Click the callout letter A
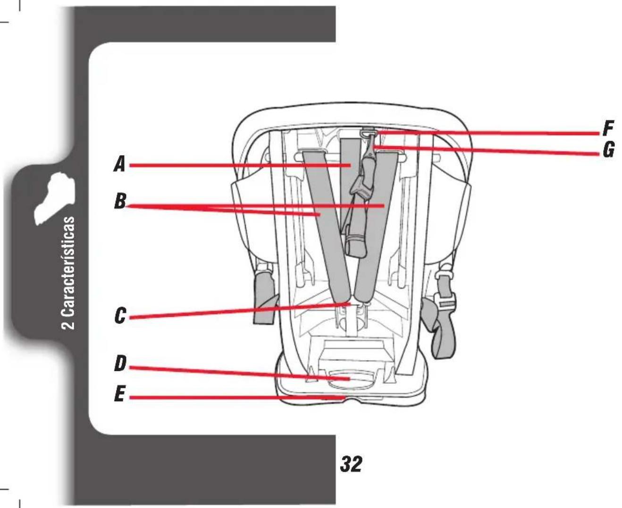coord(119,164)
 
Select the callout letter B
coord(120,201)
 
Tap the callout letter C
coord(120,315)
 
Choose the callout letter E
coord(119,393)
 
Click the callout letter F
coord(607,128)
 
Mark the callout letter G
coord(608,150)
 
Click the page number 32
coord(351,464)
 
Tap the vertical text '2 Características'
coord(68,273)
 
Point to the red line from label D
coord(239,373)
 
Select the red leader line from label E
coord(237,398)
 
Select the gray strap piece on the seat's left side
coord(265,298)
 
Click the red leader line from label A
coord(240,165)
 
